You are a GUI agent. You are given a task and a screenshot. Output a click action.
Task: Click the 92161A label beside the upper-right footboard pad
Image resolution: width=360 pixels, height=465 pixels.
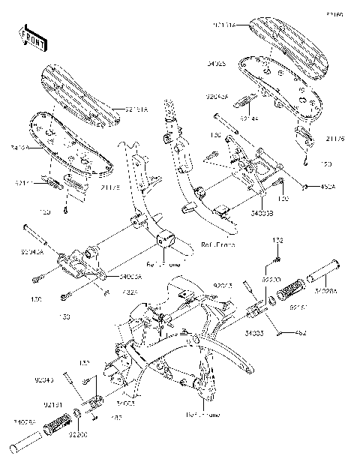click(223, 25)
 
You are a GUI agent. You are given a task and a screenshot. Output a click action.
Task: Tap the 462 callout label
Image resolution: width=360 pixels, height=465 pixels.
click(301, 332)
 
